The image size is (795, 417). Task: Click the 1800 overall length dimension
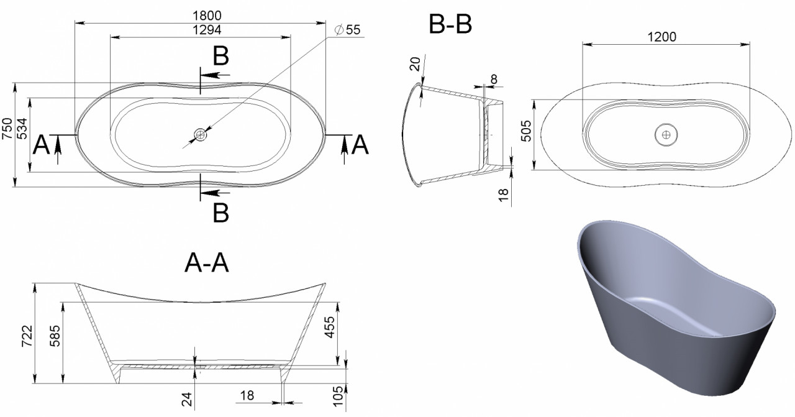click(207, 16)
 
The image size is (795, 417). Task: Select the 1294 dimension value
click(207, 30)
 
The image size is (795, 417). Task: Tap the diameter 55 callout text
click(348, 30)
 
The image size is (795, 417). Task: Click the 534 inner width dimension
click(22, 128)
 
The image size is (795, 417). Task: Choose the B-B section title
click(450, 24)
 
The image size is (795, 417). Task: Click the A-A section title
click(207, 263)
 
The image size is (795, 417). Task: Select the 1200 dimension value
click(662, 37)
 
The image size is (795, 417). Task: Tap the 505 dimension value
click(526, 131)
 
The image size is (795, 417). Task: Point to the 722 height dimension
click(27, 336)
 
